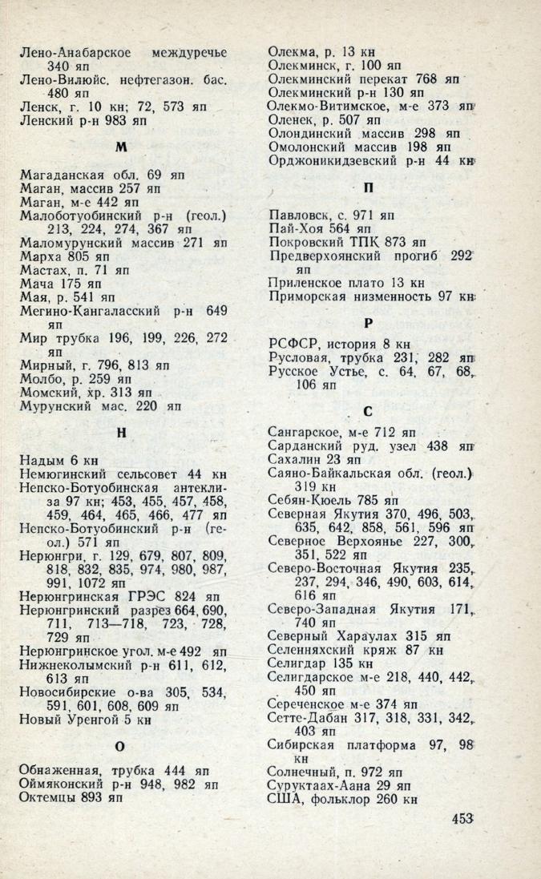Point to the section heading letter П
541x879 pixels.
point(369,188)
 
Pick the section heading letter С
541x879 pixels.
point(368,412)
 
